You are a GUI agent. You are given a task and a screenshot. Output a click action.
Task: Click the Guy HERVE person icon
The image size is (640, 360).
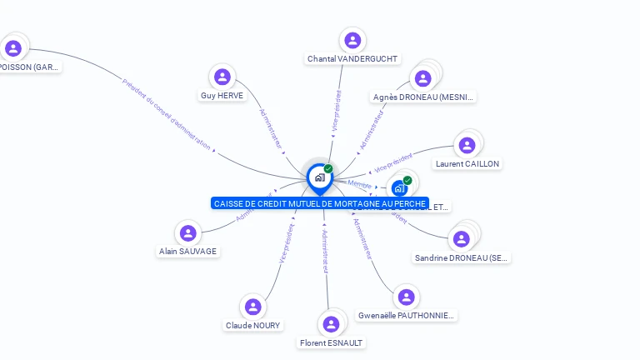[222, 77]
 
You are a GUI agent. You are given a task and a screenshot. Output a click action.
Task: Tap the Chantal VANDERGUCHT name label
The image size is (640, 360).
[352, 59]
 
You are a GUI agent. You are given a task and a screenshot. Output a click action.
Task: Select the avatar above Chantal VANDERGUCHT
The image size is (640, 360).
[352, 40]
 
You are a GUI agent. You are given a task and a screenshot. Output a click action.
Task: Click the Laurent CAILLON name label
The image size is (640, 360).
[467, 164]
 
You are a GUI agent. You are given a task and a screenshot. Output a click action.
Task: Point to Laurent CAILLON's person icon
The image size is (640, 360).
[467, 145]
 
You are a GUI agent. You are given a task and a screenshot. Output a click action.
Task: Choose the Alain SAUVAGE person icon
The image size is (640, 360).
[188, 233]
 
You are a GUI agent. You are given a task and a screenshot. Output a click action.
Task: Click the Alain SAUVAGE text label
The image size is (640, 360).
[188, 251]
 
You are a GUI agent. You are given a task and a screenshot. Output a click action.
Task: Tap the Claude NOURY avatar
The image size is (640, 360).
[253, 307]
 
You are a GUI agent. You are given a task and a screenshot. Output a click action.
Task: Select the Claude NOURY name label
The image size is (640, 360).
[253, 325]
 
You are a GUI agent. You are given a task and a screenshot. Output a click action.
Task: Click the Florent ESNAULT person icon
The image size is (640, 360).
[332, 324]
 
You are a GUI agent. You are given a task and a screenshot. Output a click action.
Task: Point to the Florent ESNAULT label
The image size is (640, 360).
[332, 342]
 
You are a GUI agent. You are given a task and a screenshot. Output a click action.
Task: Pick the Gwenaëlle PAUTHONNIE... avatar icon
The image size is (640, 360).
[406, 297]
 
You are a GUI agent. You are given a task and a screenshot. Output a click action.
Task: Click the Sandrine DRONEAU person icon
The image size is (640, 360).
[462, 239]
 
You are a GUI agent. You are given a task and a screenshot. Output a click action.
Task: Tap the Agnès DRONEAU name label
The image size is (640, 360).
[423, 97]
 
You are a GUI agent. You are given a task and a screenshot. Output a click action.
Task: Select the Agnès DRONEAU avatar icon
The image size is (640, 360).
[423, 78]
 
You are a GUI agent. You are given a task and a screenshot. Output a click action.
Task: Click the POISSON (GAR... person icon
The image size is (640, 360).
[13, 48]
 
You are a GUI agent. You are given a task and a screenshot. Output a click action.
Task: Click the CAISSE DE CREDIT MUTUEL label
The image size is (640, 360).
[320, 203]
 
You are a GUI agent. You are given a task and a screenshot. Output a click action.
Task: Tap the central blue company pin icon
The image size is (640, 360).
[319, 177]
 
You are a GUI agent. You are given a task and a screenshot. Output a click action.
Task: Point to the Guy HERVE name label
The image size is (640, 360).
[222, 96]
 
